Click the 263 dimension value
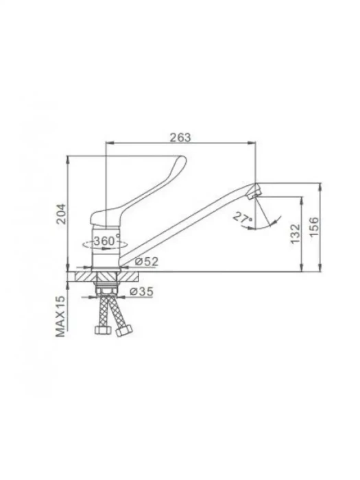coord(180,137)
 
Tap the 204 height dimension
coord(62,214)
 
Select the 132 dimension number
coord(296,234)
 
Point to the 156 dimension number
coord(314,227)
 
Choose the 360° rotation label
coord(106,240)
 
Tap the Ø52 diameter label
coord(147,261)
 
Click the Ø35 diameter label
coord(141,291)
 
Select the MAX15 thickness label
coord(60,316)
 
